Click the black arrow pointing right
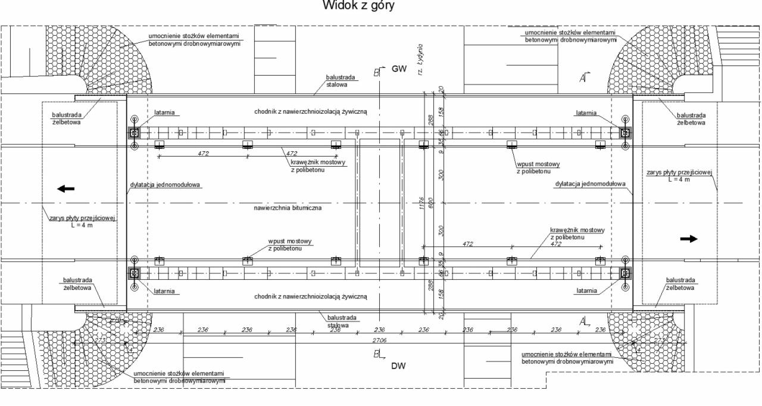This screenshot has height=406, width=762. (689, 238)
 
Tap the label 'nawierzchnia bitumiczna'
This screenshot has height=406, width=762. (288, 208)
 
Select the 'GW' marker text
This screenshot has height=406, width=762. (398, 69)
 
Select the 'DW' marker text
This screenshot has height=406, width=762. (398, 366)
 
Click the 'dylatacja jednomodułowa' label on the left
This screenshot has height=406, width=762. (165, 185)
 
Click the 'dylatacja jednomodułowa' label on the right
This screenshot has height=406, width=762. (590, 184)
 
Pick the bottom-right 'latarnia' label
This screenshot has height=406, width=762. (588, 291)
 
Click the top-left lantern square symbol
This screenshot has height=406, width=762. (135, 132)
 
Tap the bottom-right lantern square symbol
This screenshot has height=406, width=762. (625, 273)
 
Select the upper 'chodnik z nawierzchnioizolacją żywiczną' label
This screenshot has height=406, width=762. (311, 111)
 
